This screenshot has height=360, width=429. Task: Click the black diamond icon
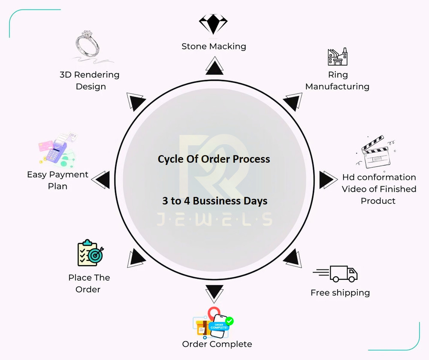[213, 24]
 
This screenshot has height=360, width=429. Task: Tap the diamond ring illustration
[88, 44]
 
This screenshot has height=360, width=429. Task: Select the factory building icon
[338, 57]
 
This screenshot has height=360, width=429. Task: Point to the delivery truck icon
[335, 274]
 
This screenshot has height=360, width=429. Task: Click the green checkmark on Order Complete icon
[229, 321]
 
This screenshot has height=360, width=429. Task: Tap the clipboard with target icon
[90, 253]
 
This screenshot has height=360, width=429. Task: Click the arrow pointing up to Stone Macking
[214, 66]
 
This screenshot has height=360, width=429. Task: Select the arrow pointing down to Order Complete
[214, 294]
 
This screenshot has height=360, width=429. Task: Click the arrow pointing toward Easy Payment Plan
[100, 180]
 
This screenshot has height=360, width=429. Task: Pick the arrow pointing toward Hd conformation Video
[328, 180]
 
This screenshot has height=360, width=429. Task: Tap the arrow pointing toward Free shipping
[293, 258]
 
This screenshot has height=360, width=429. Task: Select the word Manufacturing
[337, 86]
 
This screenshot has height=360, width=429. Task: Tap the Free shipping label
[340, 293]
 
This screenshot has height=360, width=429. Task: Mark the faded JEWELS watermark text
[214, 219]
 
